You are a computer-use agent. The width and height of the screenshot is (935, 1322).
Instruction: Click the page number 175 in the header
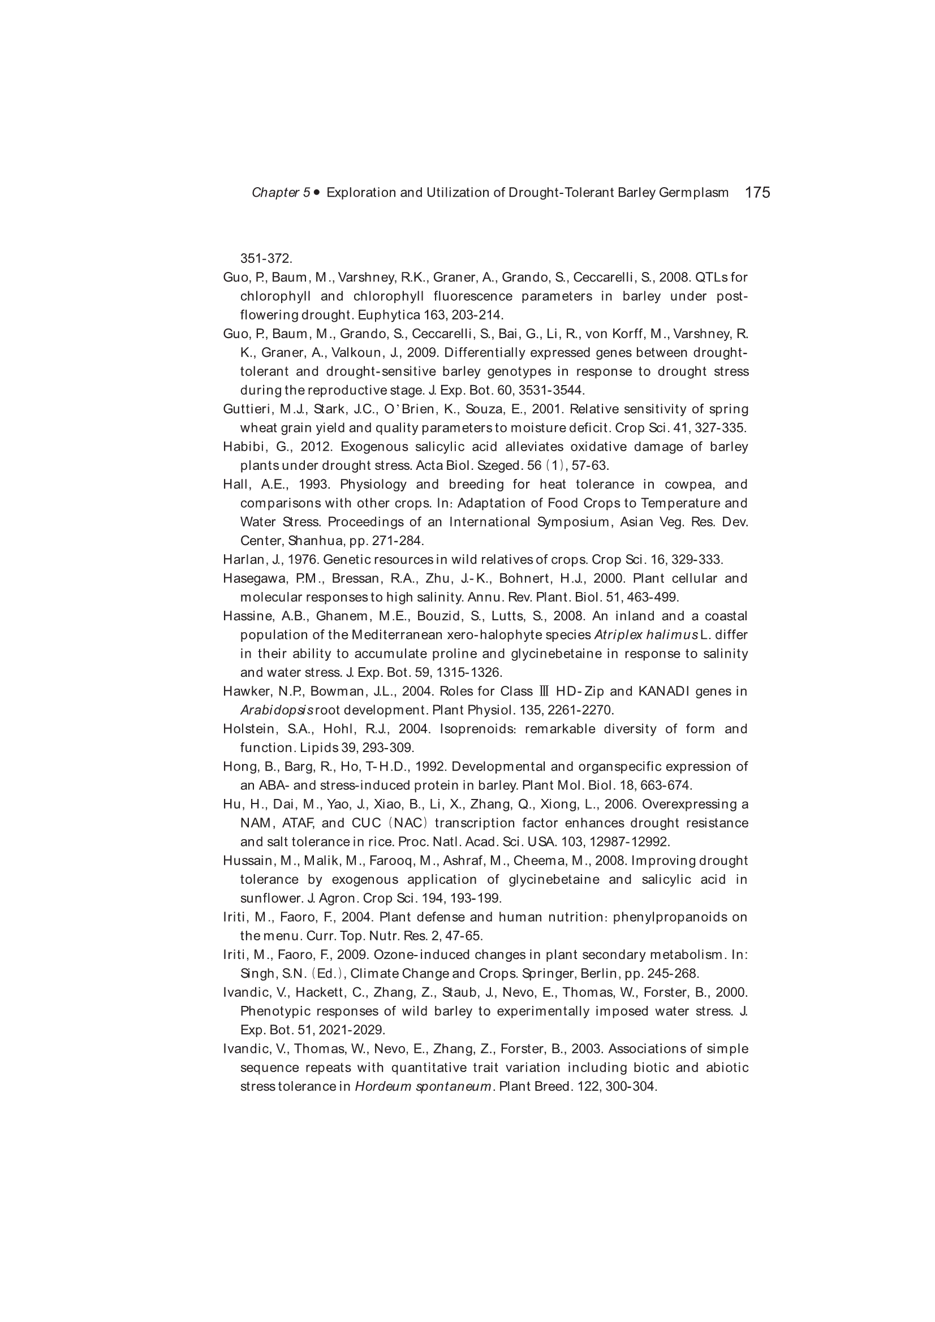[x=757, y=192]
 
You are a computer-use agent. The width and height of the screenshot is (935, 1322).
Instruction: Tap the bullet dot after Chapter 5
[x=316, y=192]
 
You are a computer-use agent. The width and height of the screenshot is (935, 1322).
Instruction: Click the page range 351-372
[x=266, y=258]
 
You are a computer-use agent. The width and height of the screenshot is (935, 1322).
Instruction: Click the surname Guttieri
[x=247, y=409]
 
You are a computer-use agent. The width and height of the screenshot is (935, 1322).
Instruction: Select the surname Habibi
[x=242, y=447]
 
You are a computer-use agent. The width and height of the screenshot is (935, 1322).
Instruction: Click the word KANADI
[x=661, y=692]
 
